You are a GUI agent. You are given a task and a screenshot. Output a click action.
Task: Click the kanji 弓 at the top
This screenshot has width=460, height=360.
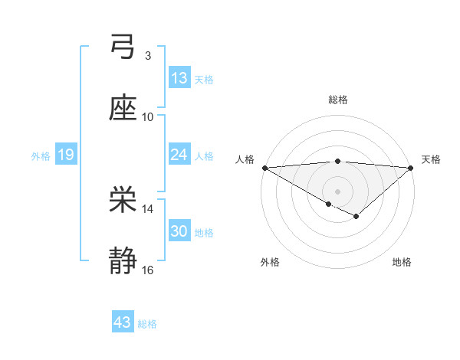click(x=123, y=47)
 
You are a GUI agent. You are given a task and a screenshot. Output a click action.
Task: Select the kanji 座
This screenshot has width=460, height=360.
click(x=123, y=109)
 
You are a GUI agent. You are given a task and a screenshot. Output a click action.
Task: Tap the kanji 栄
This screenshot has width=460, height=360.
click(x=123, y=201)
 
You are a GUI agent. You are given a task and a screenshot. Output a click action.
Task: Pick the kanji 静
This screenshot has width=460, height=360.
click(x=123, y=262)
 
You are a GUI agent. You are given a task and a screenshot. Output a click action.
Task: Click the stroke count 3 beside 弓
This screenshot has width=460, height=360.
click(x=147, y=56)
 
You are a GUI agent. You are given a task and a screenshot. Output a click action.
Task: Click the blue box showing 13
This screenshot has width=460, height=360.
click(x=179, y=78)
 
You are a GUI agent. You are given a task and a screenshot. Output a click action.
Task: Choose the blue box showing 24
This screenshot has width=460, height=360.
click(x=179, y=155)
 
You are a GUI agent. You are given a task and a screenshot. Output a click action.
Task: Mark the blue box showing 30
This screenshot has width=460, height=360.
click(x=179, y=231)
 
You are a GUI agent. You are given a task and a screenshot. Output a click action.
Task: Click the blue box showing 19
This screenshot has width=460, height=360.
click(x=65, y=155)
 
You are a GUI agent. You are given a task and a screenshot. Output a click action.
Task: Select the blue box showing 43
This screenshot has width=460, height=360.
click(x=123, y=323)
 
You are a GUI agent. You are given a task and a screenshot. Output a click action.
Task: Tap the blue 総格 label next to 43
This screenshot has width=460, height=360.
click(x=147, y=324)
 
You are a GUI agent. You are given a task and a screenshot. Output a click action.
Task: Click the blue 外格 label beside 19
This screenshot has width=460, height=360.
click(x=41, y=156)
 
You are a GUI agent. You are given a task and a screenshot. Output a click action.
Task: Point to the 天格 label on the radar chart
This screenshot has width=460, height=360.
click(x=431, y=159)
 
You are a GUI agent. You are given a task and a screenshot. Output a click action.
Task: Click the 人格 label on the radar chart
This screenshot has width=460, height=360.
click(x=245, y=159)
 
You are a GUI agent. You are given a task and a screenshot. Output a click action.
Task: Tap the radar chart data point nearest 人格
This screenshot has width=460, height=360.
click(x=264, y=168)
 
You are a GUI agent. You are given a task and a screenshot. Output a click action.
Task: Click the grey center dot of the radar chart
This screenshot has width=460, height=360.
click(x=337, y=191)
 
